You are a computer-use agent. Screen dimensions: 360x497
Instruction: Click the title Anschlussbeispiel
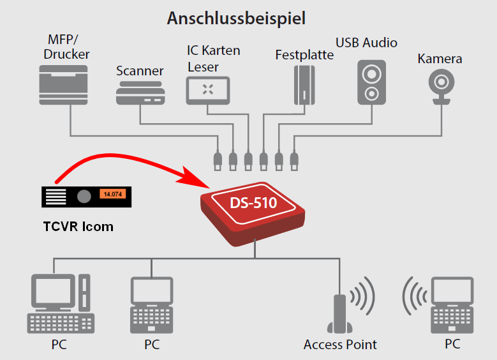(236, 18)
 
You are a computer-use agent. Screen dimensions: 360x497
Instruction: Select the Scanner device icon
(140, 93)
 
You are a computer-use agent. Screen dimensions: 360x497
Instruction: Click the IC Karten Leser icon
(207, 90)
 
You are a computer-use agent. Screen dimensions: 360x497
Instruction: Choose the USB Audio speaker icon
(371, 82)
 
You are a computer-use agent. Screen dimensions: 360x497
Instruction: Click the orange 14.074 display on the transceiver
(112, 193)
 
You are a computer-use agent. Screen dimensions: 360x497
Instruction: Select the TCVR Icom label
(78, 226)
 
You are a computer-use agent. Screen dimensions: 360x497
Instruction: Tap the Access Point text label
(340, 345)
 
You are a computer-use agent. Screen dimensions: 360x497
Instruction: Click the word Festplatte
(304, 55)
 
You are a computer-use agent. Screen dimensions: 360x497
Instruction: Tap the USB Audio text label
(366, 43)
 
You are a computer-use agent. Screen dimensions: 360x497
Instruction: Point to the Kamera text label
(440, 59)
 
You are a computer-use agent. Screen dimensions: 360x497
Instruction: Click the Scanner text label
(140, 71)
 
